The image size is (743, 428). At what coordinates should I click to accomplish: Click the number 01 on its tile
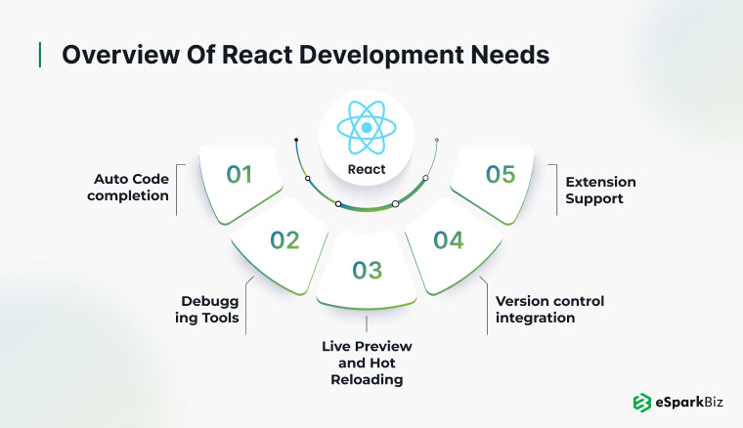click(239, 174)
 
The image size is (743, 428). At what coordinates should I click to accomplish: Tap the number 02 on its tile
click(284, 240)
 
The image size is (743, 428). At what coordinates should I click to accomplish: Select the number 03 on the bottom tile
click(367, 271)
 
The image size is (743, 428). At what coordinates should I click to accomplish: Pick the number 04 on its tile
click(449, 240)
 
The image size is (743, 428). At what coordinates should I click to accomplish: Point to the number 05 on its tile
click(501, 174)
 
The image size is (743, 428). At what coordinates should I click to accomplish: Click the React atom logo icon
click(367, 127)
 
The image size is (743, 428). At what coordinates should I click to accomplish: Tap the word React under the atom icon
click(367, 169)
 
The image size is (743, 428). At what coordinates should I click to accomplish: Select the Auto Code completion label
click(128, 188)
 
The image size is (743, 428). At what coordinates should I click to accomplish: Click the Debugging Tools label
click(207, 310)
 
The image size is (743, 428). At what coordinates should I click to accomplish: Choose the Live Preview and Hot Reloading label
click(367, 363)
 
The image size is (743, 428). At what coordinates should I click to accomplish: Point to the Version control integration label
click(549, 310)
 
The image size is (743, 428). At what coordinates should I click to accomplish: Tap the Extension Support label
click(600, 191)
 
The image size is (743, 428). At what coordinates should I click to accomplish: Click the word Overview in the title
click(120, 55)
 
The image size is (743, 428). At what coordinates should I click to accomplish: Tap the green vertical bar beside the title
click(40, 55)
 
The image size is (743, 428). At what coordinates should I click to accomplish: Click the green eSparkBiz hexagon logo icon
click(642, 403)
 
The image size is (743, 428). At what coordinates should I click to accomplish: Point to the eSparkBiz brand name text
click(689, 403)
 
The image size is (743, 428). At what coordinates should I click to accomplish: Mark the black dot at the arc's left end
click(296, 140)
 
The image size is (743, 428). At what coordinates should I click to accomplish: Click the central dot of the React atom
click(367, 127)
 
